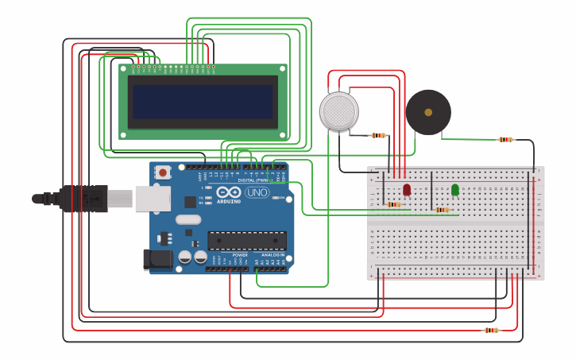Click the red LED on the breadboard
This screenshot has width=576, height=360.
tap(407, 189)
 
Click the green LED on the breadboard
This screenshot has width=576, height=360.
tap(454, 189)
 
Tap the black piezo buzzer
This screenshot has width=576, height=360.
tap(428, 111)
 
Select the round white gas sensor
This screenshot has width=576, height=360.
tap(339, 110)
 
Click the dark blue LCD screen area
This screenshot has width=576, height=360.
tap(203, 102)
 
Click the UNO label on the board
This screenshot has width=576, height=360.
tap(257, 192)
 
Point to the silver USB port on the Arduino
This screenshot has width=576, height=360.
tap(152, 198)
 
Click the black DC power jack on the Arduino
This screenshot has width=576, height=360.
tap(156, 259)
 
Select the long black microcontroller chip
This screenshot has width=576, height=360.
tap(247, 241)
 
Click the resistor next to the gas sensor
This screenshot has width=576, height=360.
tap(379, 135)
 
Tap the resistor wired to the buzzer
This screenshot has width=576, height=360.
tap(505, 139)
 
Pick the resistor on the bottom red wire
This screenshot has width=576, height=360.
tap(491, 330)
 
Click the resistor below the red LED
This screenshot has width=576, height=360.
tap(394, 204)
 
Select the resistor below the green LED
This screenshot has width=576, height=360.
tap(442, 210)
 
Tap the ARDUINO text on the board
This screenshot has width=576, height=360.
tap(229, 201)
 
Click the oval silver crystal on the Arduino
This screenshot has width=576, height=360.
tap(188, 219)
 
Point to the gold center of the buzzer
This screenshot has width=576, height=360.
tap(428, 111)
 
